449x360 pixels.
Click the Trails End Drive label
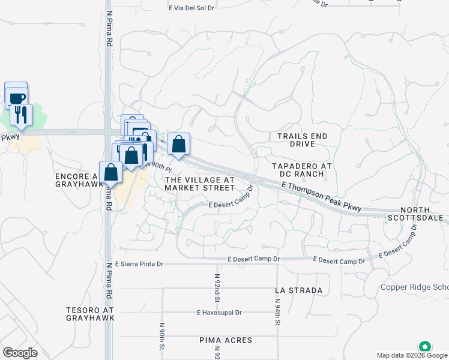(x=303, y=140)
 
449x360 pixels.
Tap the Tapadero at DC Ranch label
(x=298, y=170)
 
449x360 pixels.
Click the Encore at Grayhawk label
(x=76, y=181)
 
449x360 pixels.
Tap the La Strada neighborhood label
(x=298, y=290)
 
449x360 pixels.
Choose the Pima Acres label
(x=226, y=340)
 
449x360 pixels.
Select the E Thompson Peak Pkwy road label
(x=322, y=197)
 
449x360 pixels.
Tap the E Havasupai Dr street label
(x=219, y=313)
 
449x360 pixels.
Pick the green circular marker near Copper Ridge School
(x=425, y=347)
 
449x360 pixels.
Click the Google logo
(x=20, y=353)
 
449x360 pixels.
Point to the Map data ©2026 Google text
(x=412, y=355)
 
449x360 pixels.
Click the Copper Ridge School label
(x=415, y=287)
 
